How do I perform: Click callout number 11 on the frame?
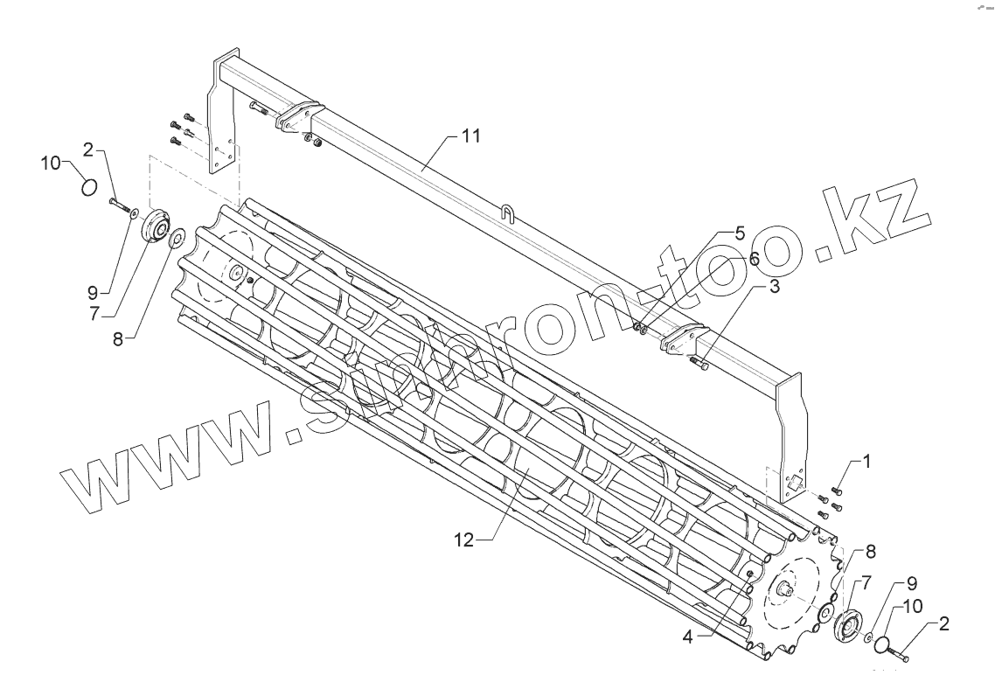[471, 136]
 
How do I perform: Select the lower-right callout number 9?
[911, 581]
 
